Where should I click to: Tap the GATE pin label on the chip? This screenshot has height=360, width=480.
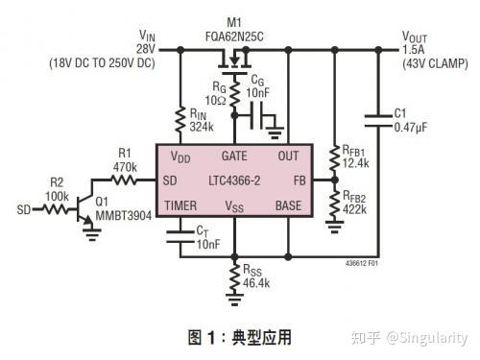tap(235, 155)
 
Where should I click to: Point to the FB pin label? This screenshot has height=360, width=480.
tap(299, 180)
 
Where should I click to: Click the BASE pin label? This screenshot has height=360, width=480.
tap(288, 205)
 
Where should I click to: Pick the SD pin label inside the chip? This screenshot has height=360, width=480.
tap(170, 180)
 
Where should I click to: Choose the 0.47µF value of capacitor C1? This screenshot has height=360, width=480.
tap(410, 127)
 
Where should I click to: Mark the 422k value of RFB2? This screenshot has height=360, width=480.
tap(356, 208)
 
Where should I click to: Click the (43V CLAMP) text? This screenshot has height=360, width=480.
tap(434, 63)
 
